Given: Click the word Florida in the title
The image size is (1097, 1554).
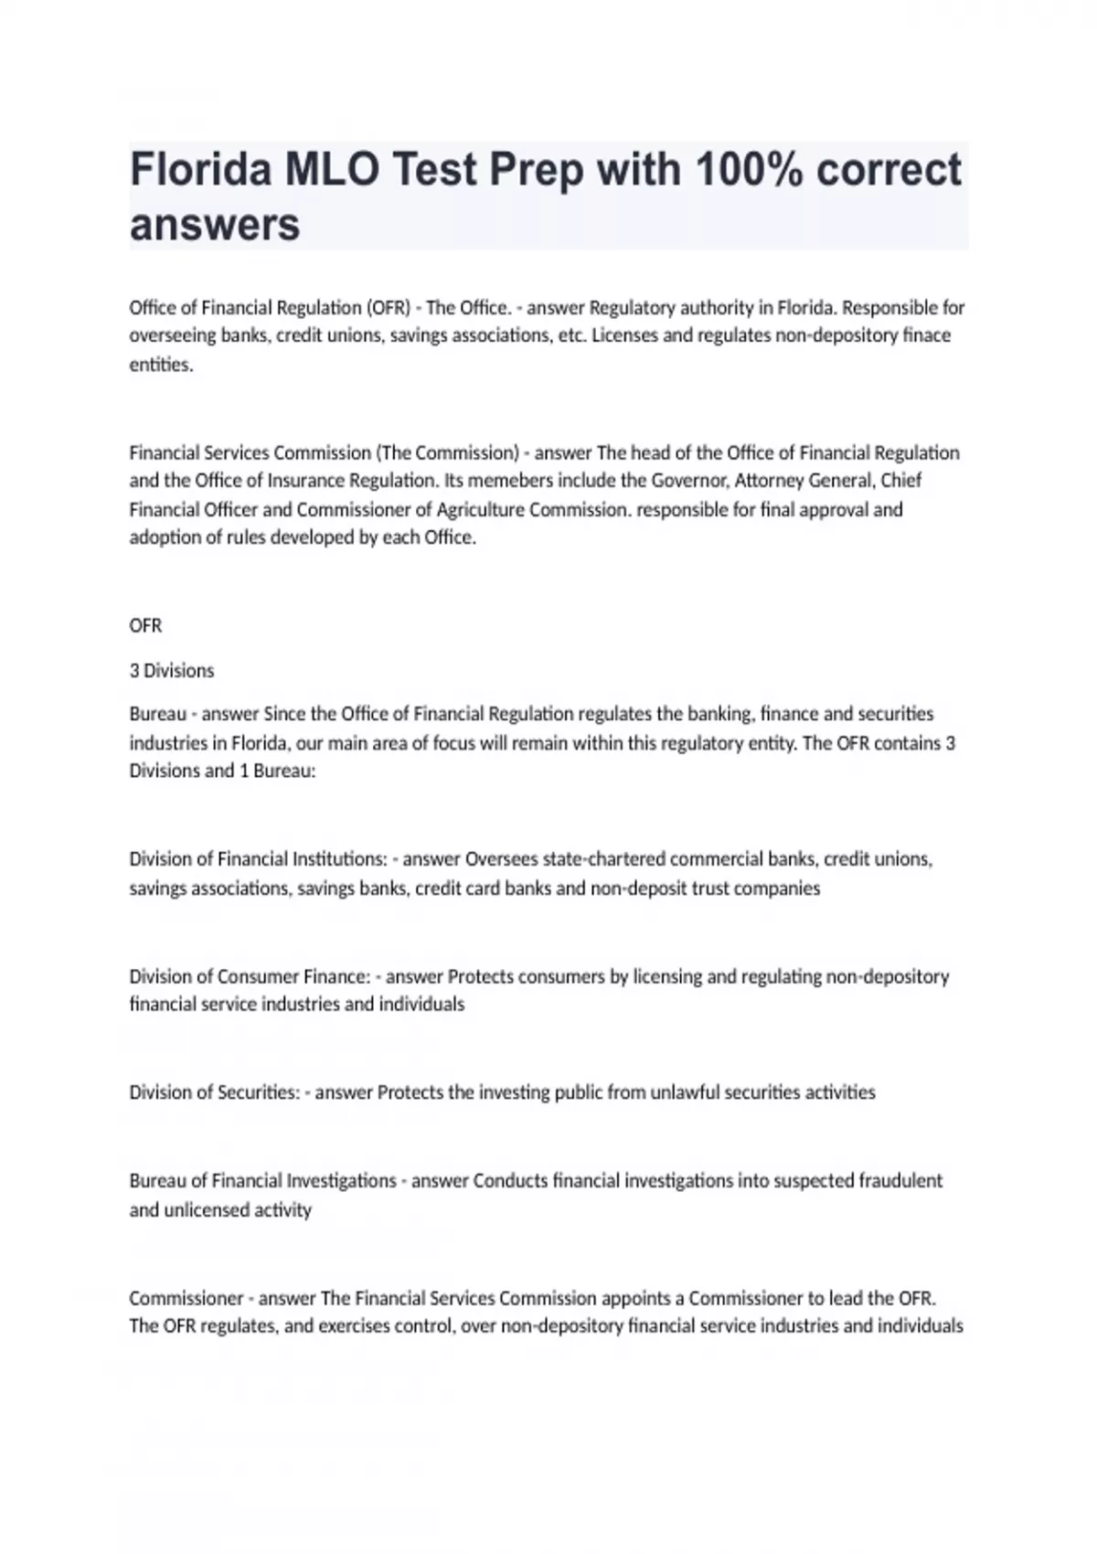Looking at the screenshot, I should click(x=200, y=170).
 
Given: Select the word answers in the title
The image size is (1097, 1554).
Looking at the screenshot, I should click(x=215, y=224).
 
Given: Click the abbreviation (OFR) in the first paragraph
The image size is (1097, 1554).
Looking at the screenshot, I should click(x=388, y=307).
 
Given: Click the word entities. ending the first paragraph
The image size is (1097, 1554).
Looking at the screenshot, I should click(x=161, y=365).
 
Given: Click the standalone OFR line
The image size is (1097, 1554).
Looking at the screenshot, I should click(x=145, y=626).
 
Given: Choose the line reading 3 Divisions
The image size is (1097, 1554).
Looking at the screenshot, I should click(x=172, y=671).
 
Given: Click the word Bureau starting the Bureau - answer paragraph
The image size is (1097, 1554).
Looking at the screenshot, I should click(x=158, y=714).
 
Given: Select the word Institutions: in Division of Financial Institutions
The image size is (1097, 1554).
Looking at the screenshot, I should click(x=339, y=859).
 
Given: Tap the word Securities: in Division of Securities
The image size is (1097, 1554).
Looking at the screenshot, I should click(x=259, y=1092).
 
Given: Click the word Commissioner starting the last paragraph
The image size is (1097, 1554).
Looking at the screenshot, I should click(x=186, y=1298).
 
